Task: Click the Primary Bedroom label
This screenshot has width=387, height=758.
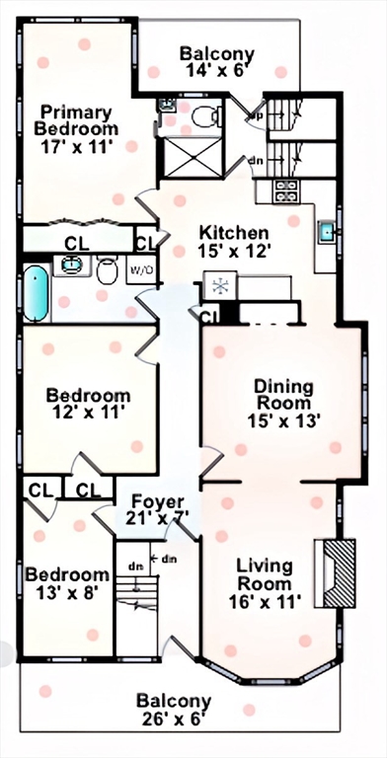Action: tap(79, 120)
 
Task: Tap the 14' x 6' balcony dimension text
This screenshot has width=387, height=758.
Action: tap(217, 70)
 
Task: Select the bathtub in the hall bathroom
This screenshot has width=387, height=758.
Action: tap(37, 294)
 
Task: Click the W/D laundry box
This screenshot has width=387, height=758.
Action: tap(141, 269)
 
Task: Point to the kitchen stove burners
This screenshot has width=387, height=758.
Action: tap(287, 190)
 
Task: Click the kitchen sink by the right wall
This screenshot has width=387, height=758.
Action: tap(327, 231)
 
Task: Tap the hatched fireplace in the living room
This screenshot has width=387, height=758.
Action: tap(339, 573)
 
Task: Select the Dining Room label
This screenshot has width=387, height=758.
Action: tap(284, 395)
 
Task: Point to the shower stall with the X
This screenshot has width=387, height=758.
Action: tap(193, 157)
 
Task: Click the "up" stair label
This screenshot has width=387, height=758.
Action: tap(256, 115)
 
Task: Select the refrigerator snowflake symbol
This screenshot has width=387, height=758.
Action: tap(220, 285)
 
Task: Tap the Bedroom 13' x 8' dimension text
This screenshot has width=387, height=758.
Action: tap(68, 592)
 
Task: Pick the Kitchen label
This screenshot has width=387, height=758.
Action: tap(234, 233)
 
